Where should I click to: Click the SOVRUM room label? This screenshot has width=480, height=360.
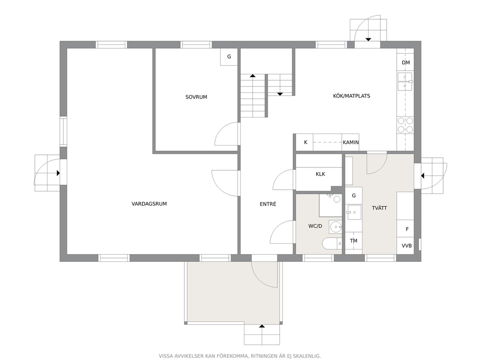pos(196,97)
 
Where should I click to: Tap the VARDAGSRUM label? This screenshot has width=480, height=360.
pos(149,204)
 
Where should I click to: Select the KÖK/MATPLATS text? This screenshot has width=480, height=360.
pos(351,96)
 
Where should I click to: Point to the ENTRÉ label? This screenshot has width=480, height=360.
pos(268,204)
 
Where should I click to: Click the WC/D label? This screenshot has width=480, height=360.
pos(315,226)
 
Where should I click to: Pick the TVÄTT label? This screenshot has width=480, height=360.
pos(379,208)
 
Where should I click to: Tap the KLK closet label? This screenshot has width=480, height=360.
pos(320,174)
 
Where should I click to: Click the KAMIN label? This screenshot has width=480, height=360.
pos(351,142)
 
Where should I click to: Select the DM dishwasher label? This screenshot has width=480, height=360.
pos(405,63)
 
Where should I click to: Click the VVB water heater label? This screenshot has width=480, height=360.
pos(406,245)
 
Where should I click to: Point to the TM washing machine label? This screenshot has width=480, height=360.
pos(354,241)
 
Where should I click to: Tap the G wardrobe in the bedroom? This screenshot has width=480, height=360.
pos(229,57)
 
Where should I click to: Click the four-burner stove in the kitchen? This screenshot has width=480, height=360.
pos(405,125)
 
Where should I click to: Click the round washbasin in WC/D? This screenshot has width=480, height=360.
pos(335,227)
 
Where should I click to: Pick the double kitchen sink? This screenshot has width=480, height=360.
pos(405,81)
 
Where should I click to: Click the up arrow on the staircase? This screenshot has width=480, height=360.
pos(253,75)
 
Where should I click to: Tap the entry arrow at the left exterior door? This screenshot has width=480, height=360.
pos(58,173)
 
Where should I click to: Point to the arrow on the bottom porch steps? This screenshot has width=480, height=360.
pos(262,326)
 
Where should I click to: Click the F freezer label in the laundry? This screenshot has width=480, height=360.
pos(407,229)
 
